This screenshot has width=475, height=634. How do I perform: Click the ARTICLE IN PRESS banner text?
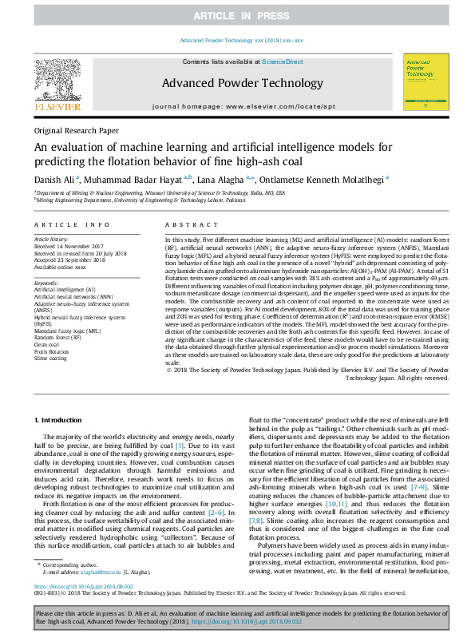(237, 16)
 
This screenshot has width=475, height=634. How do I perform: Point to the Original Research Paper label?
(76, 130)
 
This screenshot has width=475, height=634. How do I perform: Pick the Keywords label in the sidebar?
(46, 283)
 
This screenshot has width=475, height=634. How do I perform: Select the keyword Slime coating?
(50, 357)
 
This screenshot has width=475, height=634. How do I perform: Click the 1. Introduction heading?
(61, 420)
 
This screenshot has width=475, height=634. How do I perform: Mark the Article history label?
(50, 239)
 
